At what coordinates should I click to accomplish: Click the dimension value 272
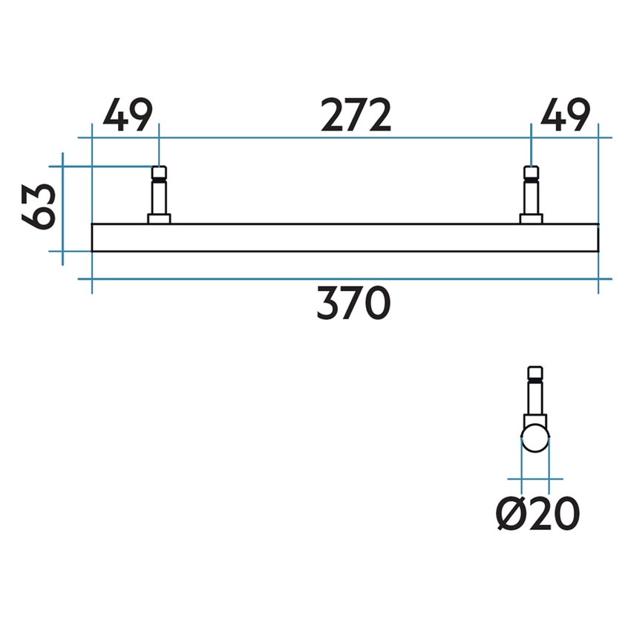356,116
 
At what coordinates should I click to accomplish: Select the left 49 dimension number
127,116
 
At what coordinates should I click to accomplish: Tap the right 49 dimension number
565,116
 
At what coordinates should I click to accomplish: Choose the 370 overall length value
353,304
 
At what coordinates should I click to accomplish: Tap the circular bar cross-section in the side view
534,439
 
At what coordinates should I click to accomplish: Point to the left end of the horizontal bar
94,238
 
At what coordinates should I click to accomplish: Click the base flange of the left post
159,218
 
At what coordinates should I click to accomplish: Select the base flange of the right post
531,218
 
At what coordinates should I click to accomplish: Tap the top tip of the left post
159,170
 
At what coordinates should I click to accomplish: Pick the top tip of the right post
531,170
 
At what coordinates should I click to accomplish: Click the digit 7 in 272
356,116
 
